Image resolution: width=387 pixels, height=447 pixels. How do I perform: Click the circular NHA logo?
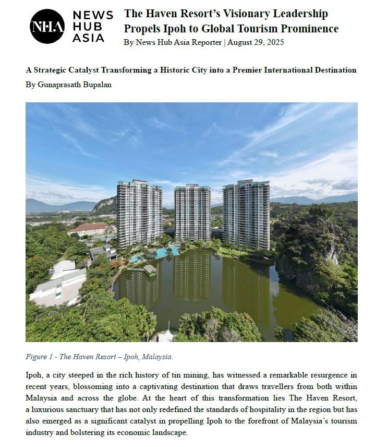coord(47,26)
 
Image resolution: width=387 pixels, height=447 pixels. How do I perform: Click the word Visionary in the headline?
coord(247,14)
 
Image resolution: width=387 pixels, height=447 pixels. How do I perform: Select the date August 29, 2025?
coord(256,42)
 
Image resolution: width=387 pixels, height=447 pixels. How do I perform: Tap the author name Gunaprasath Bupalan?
coord(75,84)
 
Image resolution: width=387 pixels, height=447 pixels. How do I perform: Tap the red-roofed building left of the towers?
coord(87,229)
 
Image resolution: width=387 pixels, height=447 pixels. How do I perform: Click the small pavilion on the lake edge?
coord(150,269)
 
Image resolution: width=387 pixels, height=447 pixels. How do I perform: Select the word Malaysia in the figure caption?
coord(157,357)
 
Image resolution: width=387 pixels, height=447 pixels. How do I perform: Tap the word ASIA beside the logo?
coord(88,38)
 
